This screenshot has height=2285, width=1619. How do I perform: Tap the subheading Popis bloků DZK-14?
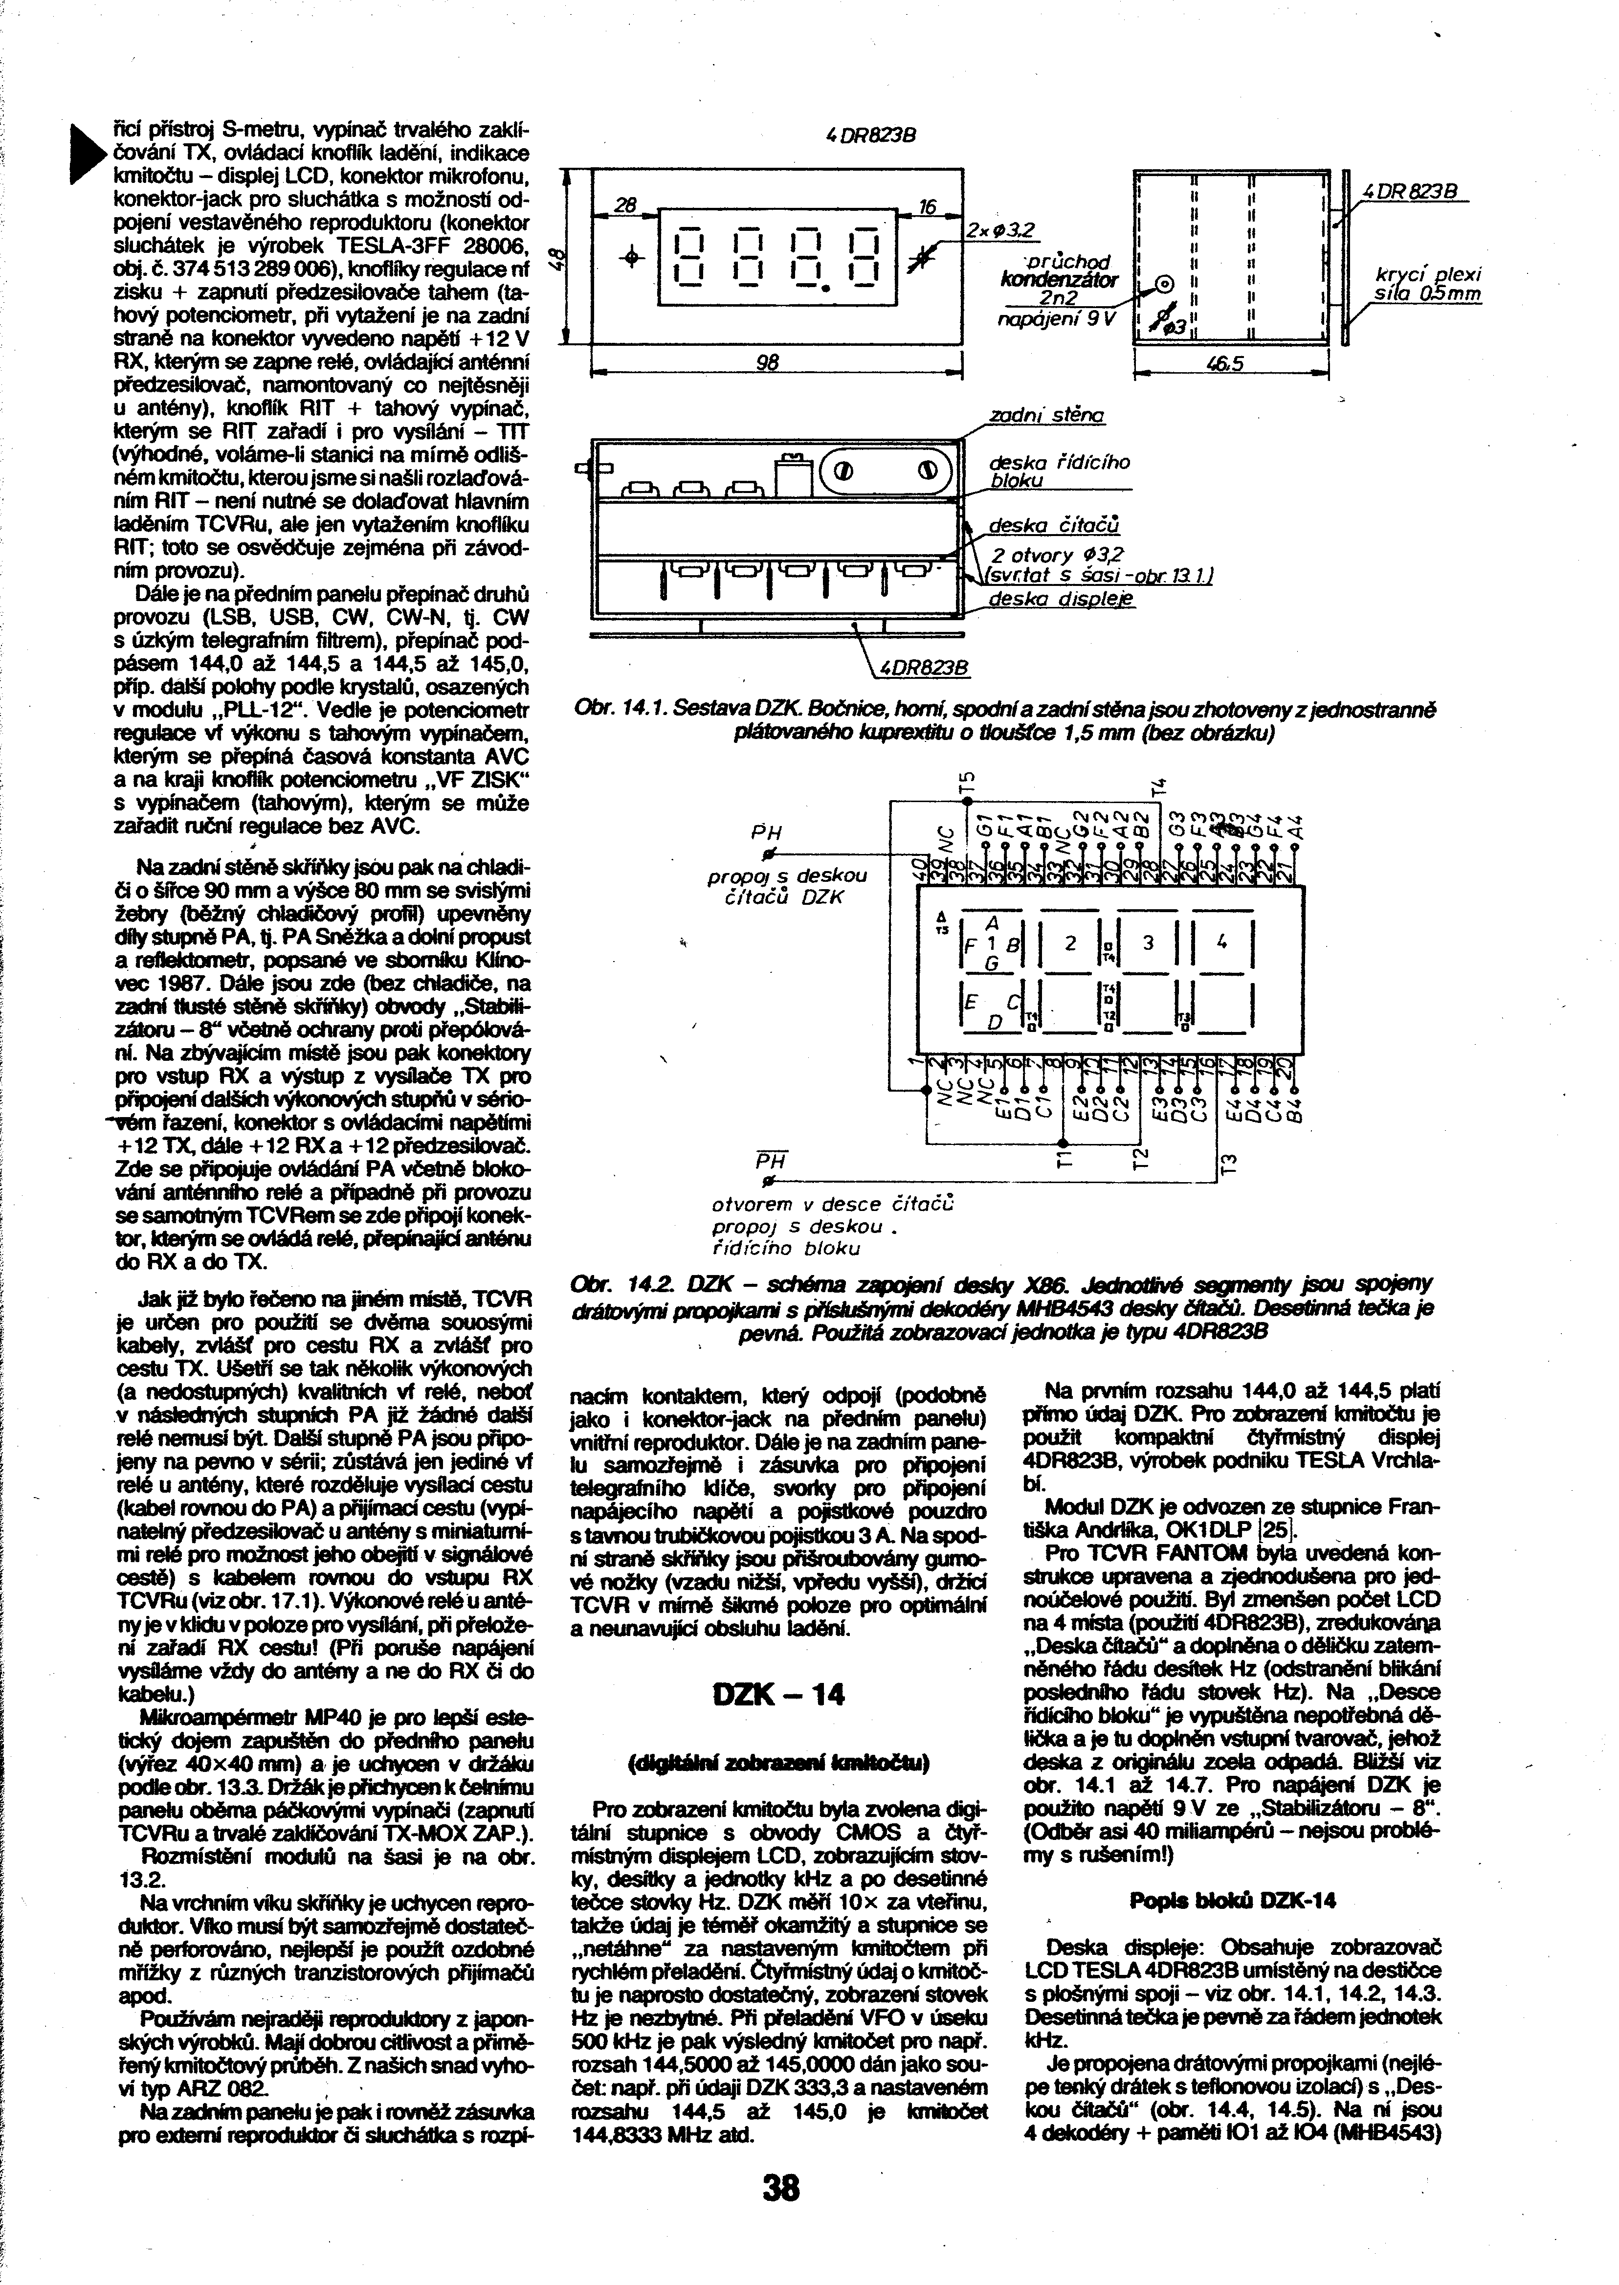[x=1233, y=1900]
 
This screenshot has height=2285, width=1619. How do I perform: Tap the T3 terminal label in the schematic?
[x=1229, y=1163]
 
